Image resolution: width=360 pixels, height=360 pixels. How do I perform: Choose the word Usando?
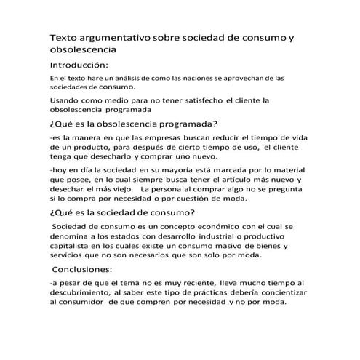coord(66,100)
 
